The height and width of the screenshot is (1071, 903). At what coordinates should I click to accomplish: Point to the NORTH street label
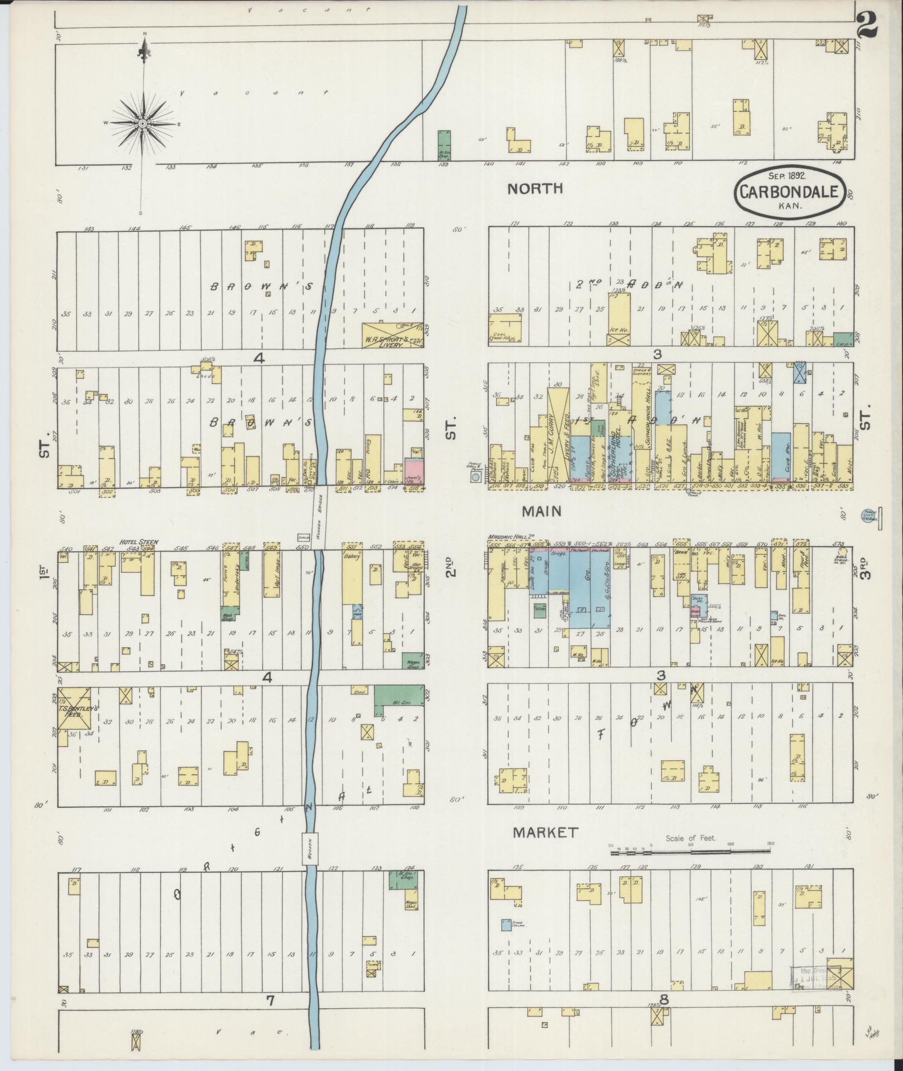pyautogui.click(x=535, y=189)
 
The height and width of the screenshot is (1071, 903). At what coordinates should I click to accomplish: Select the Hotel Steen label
pyautogui.click(x=138, y=542)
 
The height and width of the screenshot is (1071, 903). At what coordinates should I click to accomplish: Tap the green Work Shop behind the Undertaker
pyautogui.click(x=230, y=614)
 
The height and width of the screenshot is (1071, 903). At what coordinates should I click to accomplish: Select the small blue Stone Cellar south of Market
pyautogui.click(x=506, y=925)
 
